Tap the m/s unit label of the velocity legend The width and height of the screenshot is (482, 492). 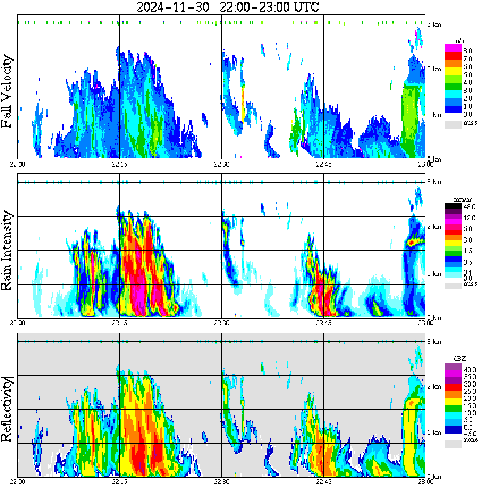tap(459, 41)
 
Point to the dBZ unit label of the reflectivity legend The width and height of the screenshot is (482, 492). tap(459, 359)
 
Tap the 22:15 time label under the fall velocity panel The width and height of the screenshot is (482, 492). tap(120, 164)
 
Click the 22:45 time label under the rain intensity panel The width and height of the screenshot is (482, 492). tap(323, 323)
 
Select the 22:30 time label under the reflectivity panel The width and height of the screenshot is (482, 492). tap(221, 481)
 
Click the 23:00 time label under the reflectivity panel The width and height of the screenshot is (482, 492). tap(425, 481)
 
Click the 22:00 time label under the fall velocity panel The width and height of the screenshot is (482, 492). tap(18, 164)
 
